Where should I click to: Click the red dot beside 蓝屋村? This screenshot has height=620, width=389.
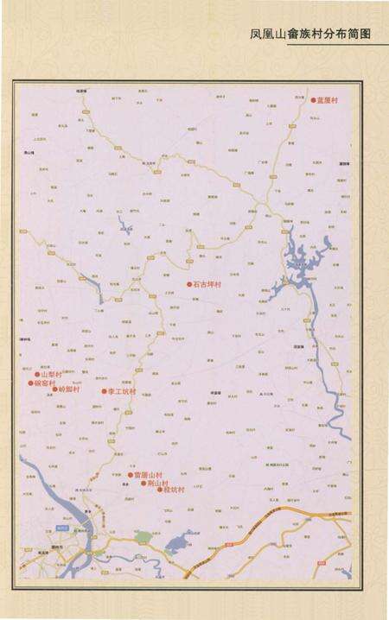[x=314, y=100]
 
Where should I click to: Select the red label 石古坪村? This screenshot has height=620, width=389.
[x=207, y=284]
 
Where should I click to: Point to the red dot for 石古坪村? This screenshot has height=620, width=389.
[x=189, y=284]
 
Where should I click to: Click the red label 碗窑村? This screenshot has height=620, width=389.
[x=45, y=383]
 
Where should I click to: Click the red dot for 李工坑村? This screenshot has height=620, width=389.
[x=104, y=391]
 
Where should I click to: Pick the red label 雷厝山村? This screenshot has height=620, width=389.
[x=147, y=475]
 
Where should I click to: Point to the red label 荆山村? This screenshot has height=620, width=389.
[x=159, y=483]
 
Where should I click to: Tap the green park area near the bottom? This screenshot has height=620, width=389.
[x=143, y=538]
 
